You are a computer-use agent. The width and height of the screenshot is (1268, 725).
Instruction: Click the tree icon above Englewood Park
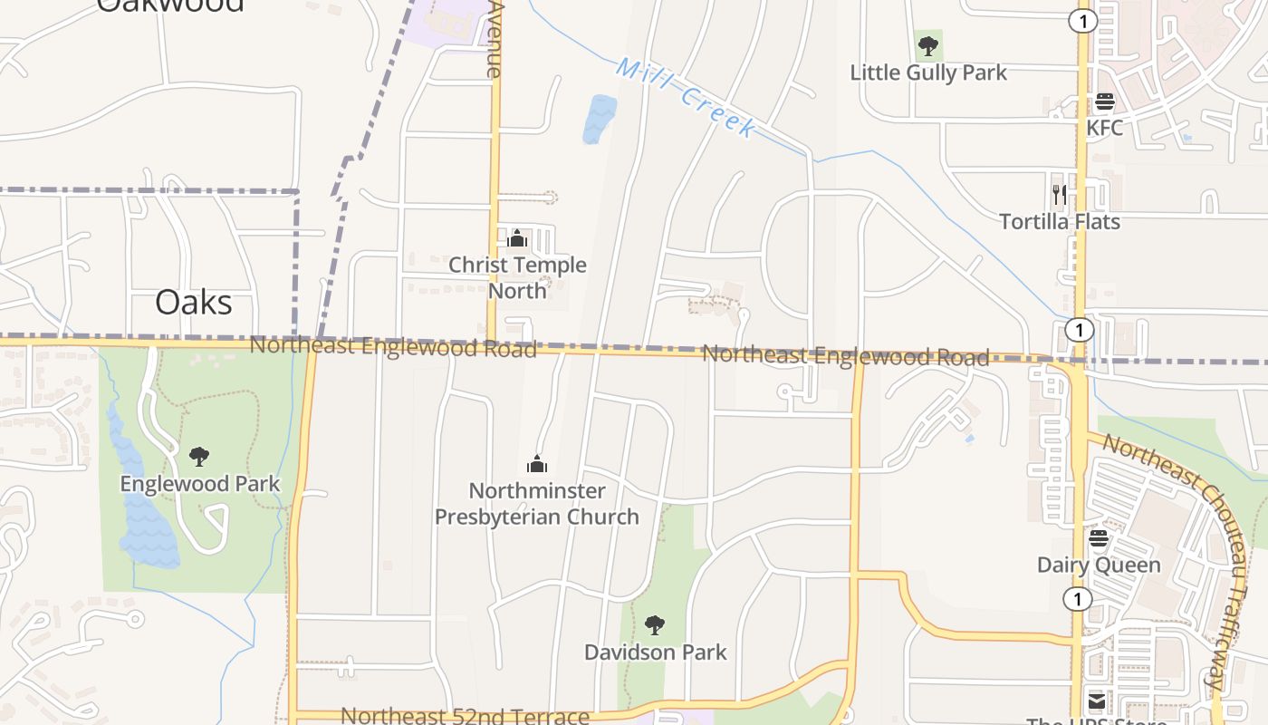point(199,457)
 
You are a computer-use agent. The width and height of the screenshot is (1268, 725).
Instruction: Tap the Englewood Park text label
point(200,484)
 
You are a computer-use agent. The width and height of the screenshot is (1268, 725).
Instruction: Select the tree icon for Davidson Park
point(655,625)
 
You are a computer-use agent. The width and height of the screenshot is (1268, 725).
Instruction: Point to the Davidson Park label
point(655,652)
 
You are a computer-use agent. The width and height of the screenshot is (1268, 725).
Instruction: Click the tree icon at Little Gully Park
point(927,45)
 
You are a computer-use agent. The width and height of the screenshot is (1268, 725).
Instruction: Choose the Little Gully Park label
point(927,72)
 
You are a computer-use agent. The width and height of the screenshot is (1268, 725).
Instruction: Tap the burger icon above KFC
point(1104,101)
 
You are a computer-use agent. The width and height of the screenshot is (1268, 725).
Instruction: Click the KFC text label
point(1104,128)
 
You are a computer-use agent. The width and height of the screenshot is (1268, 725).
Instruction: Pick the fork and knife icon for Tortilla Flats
point(1059,194)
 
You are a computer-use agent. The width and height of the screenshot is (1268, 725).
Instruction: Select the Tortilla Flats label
point(1059,222)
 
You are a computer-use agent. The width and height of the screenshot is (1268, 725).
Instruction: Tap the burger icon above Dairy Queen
point(1098,539)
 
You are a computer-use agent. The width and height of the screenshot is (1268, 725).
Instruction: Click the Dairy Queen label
point(1098,565)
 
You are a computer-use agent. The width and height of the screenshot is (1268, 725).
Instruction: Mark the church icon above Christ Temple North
point(517,239)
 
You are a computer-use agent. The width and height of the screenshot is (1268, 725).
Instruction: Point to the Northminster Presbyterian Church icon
point(537,465)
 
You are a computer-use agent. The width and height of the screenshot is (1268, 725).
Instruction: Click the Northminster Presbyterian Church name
point(537,504)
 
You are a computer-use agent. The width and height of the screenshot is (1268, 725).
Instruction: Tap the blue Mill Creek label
point(686,97)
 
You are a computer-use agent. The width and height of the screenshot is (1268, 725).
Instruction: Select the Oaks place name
point(193,303)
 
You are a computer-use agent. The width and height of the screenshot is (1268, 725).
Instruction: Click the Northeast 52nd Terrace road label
point(465,716)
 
